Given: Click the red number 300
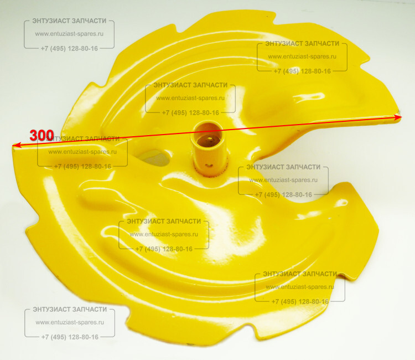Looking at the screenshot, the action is tap(41, 135).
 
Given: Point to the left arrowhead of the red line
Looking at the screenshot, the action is tap(17, 145).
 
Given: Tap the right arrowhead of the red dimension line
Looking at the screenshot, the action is tap(398, 117).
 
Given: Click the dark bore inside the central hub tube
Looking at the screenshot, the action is tap(208, 134).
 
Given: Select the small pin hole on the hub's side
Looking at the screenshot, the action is tap(210, 166).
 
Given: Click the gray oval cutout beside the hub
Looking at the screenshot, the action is tap(154, 157).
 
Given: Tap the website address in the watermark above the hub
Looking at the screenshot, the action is tap(190, 98).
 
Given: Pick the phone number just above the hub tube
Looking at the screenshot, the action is tap(190, 113).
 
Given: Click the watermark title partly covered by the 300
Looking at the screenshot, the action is tap(82, 139).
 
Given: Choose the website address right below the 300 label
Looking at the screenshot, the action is tap(82, 152).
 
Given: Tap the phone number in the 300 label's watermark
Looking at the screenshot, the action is tap(82, 167).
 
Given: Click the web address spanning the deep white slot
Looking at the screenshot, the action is tap(283, 180).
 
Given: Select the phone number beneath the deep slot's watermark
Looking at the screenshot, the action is tap(283, 195).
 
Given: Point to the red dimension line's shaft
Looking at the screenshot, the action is tap(207, 131).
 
